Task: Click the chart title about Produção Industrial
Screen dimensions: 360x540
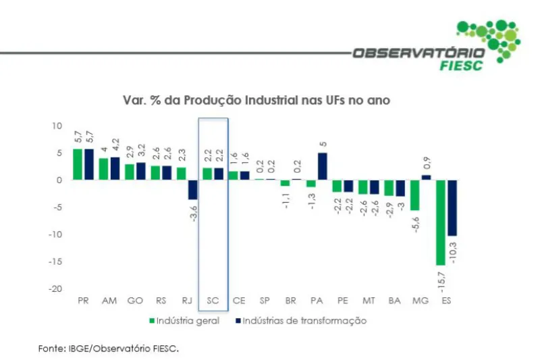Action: click(x=256, y=100)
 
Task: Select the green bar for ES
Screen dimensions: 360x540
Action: click(x=441, y=222)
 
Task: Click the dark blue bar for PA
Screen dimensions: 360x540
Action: click(x=322, y=166)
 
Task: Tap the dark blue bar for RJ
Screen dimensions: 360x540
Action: click(x=192, y=190)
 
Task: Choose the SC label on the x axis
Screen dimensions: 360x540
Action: click(x=213, y=300)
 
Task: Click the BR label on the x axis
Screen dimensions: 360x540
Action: click(x=290, y=300)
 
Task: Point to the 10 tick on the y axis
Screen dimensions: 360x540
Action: click(x=57, y=126)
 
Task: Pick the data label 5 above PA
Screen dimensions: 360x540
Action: click(x=323, y=144)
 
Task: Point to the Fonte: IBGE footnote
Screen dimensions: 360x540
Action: click(x=109, y=349)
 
